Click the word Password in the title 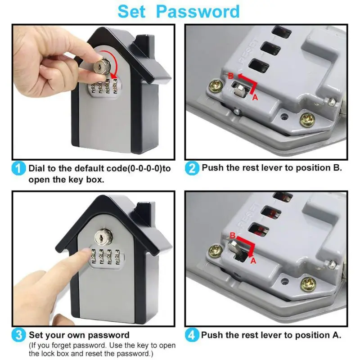(x=198, y=11)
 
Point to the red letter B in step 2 (x=231, y=75)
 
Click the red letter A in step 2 (x=255, y=96)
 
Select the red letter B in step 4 (x=232, y=235)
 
